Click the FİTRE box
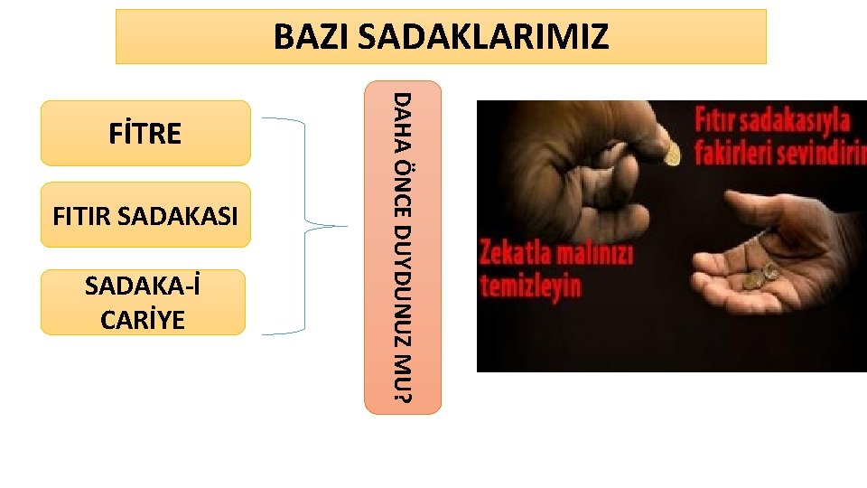(x=144, y=133)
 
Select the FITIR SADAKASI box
(x=144, y=216)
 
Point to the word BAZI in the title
(x=311, y=37)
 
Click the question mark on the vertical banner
(x=404, y=395)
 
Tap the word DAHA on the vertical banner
(x=404, y=114)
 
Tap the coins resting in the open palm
(x=760, y=275)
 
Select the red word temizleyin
(x=531, y=286)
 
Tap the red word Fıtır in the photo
(x=720, y=120)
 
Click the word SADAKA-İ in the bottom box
(x=143, y=287)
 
